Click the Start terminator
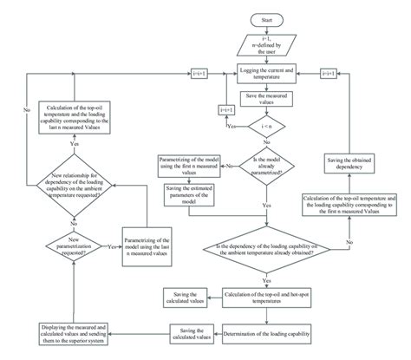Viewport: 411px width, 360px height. (266, 18)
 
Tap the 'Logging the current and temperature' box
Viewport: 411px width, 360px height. (267, 73)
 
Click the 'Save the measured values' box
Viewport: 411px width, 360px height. (267, 100)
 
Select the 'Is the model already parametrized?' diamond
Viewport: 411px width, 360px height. (267, 163)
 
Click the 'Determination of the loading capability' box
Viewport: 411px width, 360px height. (267, 333)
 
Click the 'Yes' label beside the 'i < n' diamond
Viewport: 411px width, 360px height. (231, 126)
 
